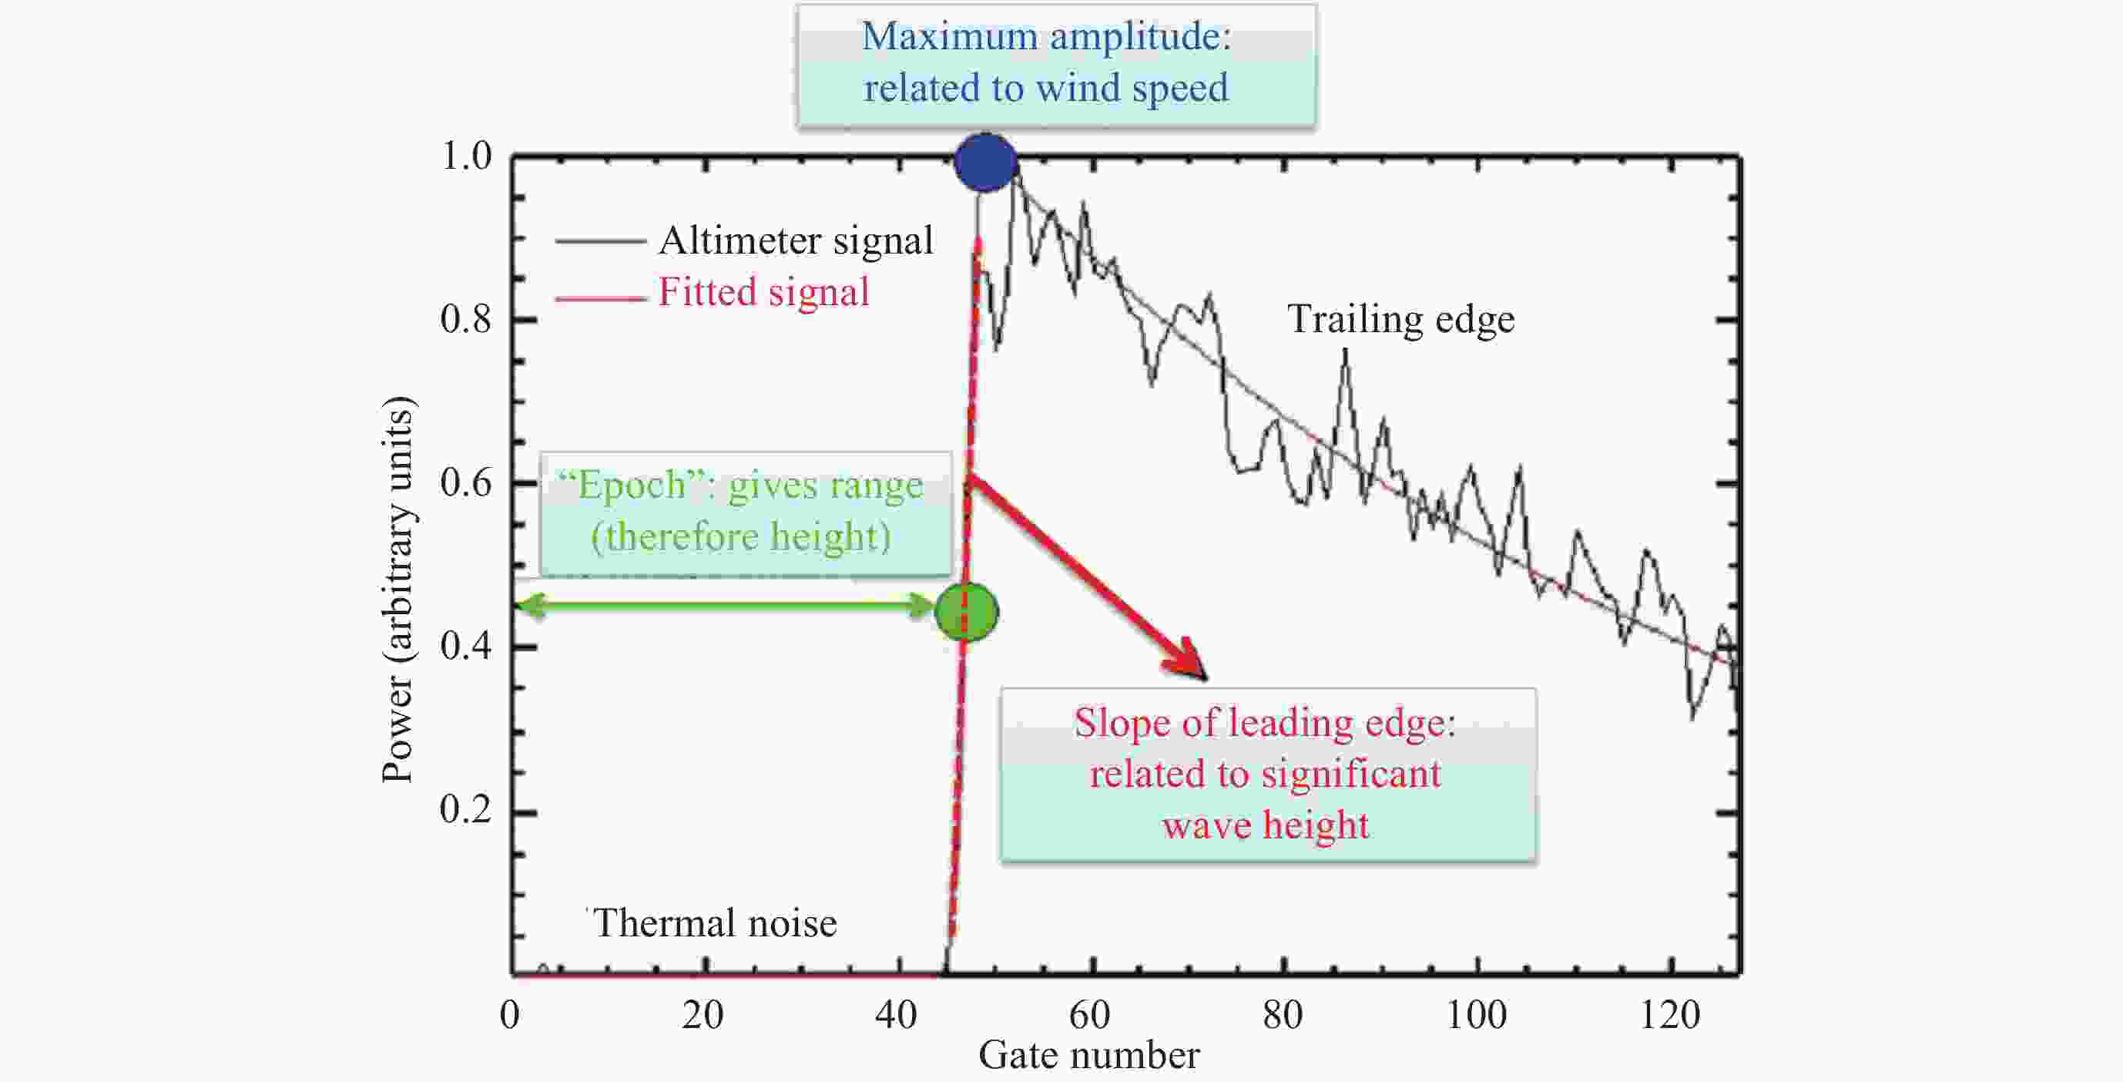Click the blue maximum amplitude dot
tap(986, 163)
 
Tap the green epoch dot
tap(966, 613)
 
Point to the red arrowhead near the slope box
tap(1188, 660)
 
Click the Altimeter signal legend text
tap(795, 240)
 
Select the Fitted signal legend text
tap(763, 292)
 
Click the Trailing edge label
tap(1400, 319)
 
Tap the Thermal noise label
tap(715, 922)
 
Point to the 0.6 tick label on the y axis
tap(465, 482)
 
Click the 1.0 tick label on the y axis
tap(465, 156)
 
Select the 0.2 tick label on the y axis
tap(465, 809)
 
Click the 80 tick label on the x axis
tap(1283, 1014)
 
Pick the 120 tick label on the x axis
tap(1670, 1014)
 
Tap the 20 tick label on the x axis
tap(703, 1014)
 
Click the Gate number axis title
tap(1088, 1056)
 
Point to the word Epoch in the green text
tap(632, 485)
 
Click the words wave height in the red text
tap(1265, 825)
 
